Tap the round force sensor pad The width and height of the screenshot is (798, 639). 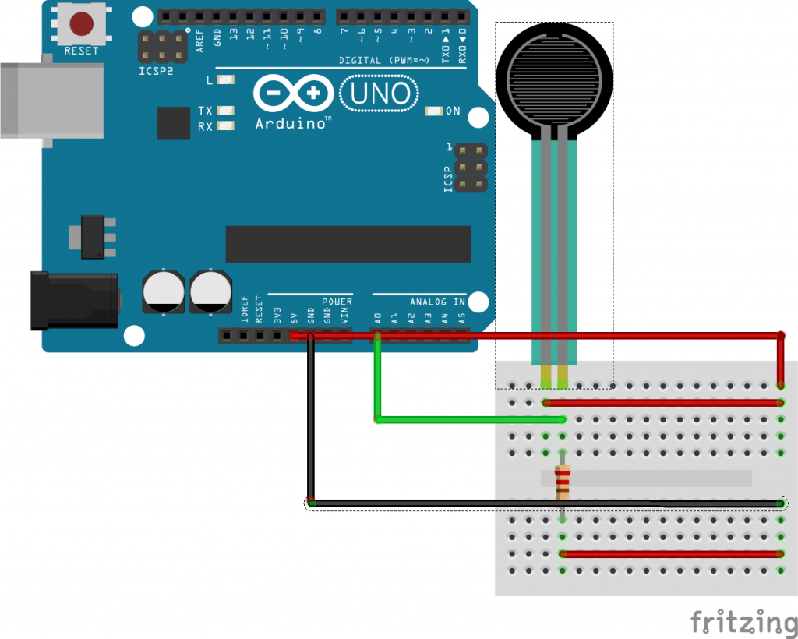point(553,76)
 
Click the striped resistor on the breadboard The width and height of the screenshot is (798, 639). point(562,482)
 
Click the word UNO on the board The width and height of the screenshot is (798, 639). point(380,94)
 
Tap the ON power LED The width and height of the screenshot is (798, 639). point(434,111)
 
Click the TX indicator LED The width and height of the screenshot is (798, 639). point(226,111)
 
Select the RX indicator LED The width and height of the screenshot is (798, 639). point(226,126)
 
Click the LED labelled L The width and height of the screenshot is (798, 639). point(226,80)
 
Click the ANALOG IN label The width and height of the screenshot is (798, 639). point(437,302)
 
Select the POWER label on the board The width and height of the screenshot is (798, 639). point(337,302)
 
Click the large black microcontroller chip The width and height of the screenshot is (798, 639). point(348,244)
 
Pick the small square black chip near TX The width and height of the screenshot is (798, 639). point(173,123)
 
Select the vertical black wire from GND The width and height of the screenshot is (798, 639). point(310,421)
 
